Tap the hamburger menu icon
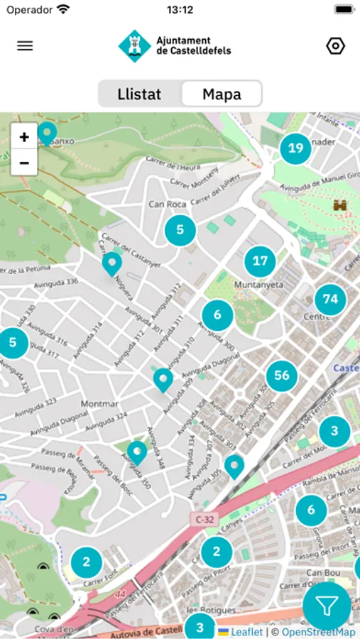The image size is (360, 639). pyautogui.click(x=25, y=46)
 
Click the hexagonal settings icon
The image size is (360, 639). pyautogui.click(x=335, y=46)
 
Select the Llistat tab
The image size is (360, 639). pyautogui.click(x=139, y=94)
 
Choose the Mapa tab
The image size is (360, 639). pyautogui.click(x=222, y=94)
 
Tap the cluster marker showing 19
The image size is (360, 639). pyautogui.click(x=295, y=148)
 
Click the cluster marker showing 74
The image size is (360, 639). pyautogui.click(x=330, y=299)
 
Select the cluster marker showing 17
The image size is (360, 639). pyautogui.click(x=260, y=261)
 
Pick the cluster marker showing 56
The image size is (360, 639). pyautogui.click(x=282, y=375)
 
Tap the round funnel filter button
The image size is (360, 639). pyautogui.click(x=327, y=606)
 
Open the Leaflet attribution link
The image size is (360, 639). pyautogui.click(x=246, y=632)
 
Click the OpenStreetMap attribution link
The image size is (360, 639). pyautogui.click(x=318, y=632)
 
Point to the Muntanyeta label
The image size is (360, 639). pyautogui.click(x=259, y=285)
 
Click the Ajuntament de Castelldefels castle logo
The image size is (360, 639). pyautogui.click(x=133, y=46)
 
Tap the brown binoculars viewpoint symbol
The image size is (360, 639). pyautogui.click(x=340, y=205)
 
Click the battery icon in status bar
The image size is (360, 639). pyautogui.click(x=344, y=10)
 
